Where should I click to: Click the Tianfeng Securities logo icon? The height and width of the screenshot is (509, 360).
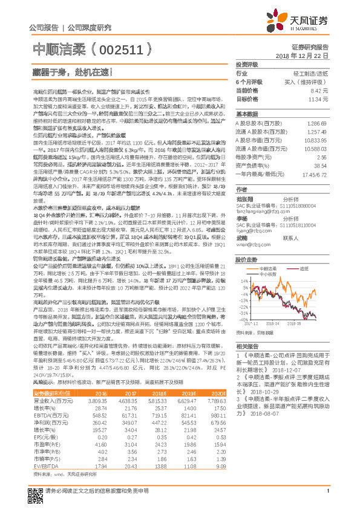point(278,22)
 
